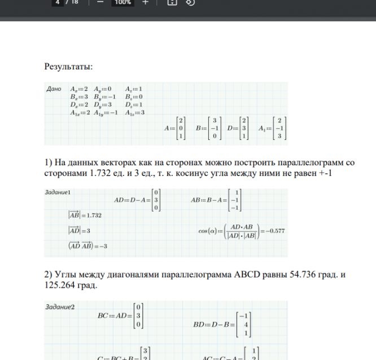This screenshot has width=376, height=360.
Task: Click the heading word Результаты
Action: click(68, 68)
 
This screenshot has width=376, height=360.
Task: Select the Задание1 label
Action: click(56, 192)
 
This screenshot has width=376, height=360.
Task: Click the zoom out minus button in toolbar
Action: click(100, 2)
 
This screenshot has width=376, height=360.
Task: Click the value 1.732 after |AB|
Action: click(91, 216)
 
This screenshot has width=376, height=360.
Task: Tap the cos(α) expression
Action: click(206, 229)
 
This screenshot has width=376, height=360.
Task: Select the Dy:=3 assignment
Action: click(104, 104)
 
